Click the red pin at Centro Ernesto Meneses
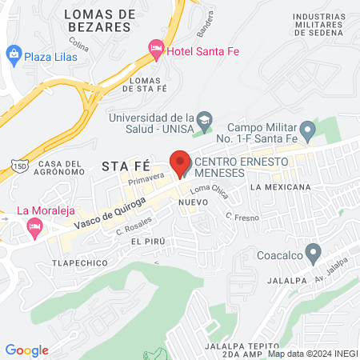point(181,162)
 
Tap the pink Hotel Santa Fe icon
point(156,50)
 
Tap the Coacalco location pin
point(314,257)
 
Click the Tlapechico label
point(74,262)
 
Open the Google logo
point(26,350)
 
